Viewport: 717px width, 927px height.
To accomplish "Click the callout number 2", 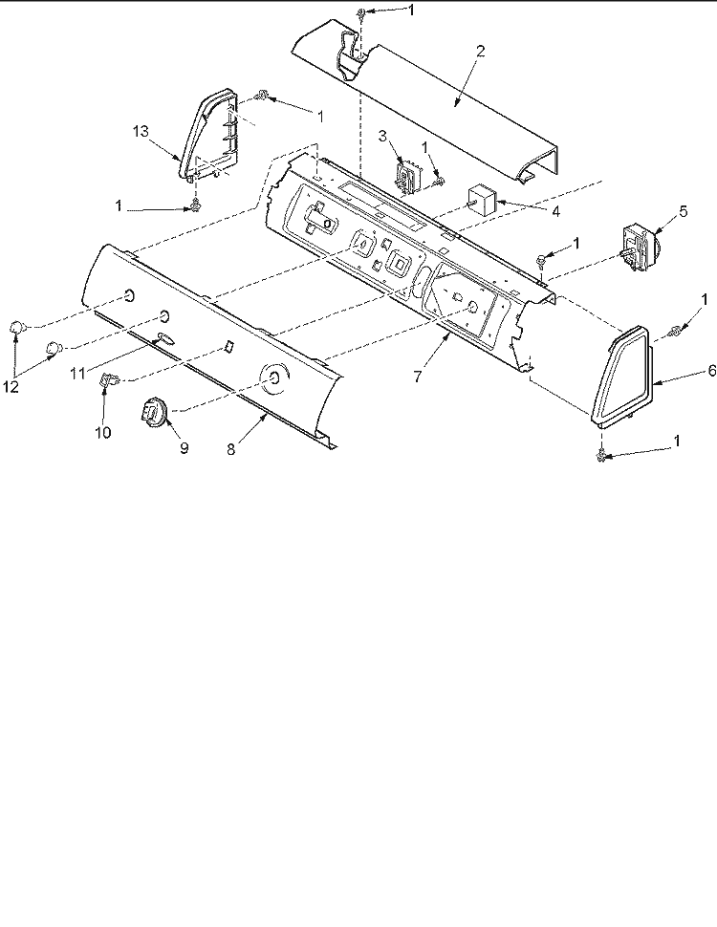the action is coord(480,51).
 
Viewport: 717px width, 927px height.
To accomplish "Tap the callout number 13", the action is coord(141,131).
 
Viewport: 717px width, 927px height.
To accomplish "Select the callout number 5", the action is coord(684,211).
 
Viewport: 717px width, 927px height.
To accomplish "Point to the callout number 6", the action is coord(711,371).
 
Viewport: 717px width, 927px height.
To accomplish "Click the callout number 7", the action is coord(418,377).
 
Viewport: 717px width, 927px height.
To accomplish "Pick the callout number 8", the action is coord(230,449).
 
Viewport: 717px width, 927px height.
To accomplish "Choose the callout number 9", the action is coord(184,448).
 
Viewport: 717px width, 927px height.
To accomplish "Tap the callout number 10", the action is coord(103,433).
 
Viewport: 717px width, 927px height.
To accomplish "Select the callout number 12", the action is coord(11,387).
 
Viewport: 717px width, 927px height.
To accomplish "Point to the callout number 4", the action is coord(555,211).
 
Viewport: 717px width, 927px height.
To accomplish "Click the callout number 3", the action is coord(382,137).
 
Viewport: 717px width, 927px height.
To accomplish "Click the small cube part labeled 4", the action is coord(482,199).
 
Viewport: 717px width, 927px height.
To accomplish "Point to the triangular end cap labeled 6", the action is coord(621,377).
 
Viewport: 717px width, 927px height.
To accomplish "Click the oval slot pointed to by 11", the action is coord(166,337).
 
